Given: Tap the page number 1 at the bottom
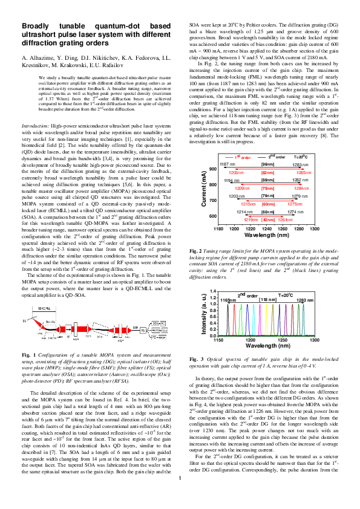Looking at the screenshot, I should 180,497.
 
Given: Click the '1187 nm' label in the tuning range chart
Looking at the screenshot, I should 227,165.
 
